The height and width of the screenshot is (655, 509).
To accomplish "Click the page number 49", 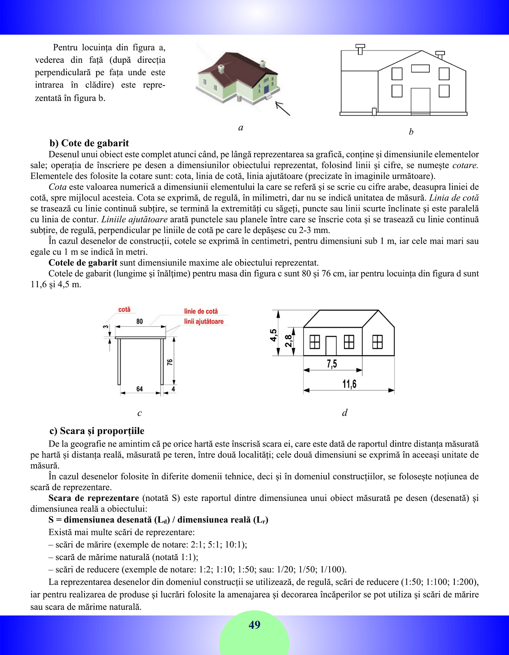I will (254, 625).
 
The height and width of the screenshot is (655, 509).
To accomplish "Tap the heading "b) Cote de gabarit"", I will (89, 143).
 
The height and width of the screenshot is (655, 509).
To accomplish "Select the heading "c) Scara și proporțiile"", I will (97, 431).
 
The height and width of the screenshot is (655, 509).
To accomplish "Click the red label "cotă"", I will (124, 309).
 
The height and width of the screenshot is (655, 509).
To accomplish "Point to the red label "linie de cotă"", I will (201, 311).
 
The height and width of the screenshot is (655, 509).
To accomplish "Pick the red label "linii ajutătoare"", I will (204, 321).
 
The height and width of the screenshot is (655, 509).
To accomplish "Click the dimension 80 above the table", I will (140, 321).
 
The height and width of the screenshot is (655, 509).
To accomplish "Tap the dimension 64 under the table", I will (140, 389).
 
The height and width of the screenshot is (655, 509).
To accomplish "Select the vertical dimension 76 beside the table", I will (170, 362).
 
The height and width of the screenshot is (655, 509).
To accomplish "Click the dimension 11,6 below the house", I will (349, 384).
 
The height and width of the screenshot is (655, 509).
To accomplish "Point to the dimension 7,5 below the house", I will (332, 364).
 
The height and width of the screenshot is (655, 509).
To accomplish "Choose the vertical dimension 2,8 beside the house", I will (289, 341).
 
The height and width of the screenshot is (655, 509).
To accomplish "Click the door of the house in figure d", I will (331, 346).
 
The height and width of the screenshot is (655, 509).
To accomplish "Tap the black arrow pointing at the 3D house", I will (282, 108).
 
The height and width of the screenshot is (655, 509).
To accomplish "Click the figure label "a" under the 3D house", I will (241, 127).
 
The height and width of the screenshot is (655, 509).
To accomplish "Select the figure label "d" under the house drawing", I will (345, 413).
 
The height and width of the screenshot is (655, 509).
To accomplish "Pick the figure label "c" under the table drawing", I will (140, 413).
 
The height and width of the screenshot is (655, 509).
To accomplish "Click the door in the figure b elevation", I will (420, 101).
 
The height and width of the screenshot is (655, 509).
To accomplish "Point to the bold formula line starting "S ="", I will (158, 520).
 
